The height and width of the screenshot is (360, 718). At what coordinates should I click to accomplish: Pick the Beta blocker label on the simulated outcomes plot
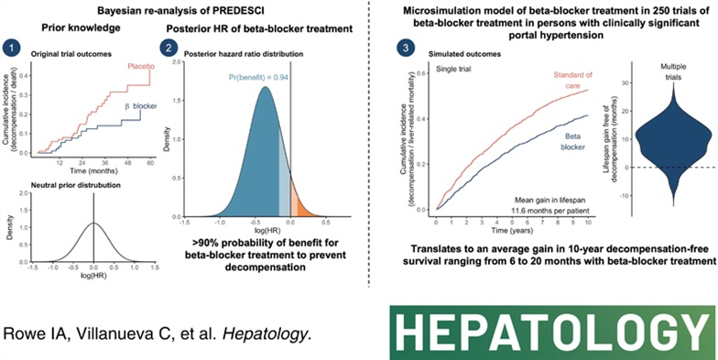tap(574, 141)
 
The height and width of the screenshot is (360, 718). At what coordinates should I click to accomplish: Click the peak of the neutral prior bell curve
tap(92, 198)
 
